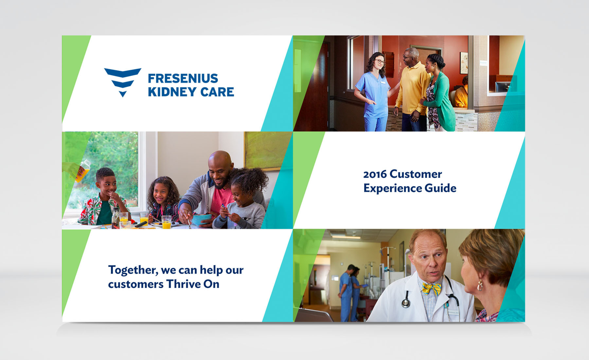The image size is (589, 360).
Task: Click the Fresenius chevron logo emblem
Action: click(x=123, y=82)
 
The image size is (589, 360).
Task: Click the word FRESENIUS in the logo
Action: click(x=183, y=79)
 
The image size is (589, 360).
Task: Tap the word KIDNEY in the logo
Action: click(x=172, y=92)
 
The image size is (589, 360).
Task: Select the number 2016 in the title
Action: click(x=375, y=174)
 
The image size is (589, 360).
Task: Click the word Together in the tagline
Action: click(x=133, y=270)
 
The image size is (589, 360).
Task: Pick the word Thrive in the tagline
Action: click(x=183, y=284)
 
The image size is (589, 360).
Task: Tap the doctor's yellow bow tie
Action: click(x=431, y=289)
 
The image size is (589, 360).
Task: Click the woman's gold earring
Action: click(x=480, y=285)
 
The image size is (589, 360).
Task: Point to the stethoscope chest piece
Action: click(x=406, y=303)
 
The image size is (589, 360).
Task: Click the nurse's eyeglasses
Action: click(x=380, y=62)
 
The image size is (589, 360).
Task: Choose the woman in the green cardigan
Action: click(x=438, y=93)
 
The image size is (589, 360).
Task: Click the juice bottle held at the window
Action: click(x=83, y=170)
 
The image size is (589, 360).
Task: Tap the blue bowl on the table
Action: click(x=202, y=219)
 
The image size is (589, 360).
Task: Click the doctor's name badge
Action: click(x=453, y=312)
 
